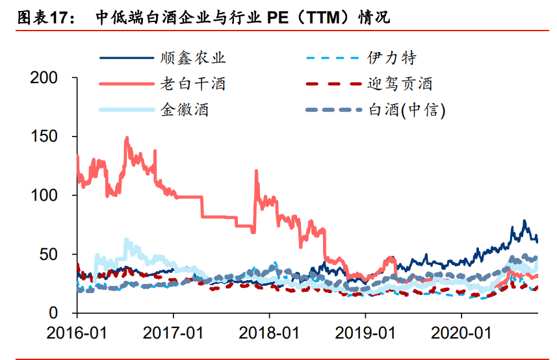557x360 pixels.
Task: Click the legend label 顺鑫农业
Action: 193,58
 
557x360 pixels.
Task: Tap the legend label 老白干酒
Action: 193,84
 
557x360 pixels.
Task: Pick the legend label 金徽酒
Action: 185,110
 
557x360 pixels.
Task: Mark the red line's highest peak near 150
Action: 127,138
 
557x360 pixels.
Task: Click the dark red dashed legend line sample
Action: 332,84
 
